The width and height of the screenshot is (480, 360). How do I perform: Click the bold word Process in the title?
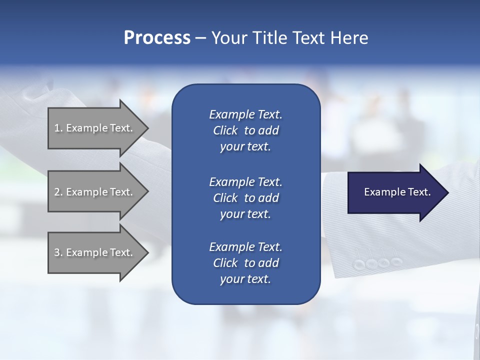[x=157, y=38]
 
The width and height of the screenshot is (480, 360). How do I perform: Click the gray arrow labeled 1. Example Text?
[x=95, y=128]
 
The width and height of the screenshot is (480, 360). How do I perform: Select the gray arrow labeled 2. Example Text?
[x=95, y=192]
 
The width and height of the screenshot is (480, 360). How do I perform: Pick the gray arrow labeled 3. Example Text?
[x=95, y=252]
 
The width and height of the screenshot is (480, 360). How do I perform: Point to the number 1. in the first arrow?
[x=58, y=128]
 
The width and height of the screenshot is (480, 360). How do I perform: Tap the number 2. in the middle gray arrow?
[x=58, y=192]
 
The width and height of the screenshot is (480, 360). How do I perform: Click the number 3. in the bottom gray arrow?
[x=58, y=252]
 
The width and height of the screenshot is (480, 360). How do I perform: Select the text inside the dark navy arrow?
[x=397, y=192]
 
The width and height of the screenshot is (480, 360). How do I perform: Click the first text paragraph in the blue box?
[x=245, y=130]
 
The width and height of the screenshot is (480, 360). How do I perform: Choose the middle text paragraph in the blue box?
[x=245, y=198]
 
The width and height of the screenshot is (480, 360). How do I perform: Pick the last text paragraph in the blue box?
[x=245, y=263]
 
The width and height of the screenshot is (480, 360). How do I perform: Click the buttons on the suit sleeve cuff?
[x=377, y=263]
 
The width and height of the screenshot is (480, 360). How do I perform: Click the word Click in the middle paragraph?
[x=225, y=198]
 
